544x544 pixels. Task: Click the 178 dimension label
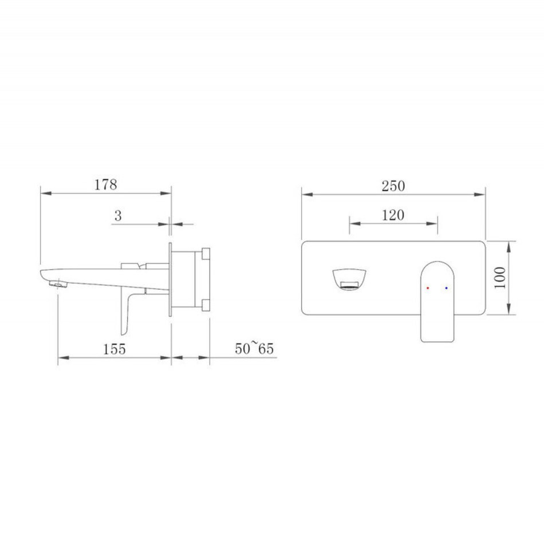pos(106,184)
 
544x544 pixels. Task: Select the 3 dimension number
pos(118,216)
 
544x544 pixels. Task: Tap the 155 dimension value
pos(114,349)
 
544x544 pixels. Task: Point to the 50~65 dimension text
pos(254,348)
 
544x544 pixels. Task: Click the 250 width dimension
pos(393,186)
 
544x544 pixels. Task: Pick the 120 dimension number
pos(393,215)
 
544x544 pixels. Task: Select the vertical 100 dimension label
pos(500,278)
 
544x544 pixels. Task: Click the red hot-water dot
pos(428,288)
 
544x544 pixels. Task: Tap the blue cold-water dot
pos(446,288)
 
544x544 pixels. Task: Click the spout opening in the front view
pos(349,279)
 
